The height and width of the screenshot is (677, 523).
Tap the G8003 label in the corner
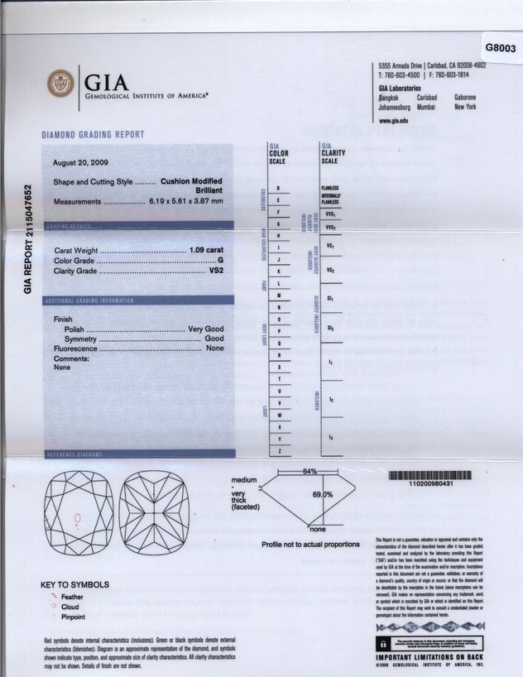click(x=500, y=48)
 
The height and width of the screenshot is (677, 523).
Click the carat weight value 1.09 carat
click(x=206, y=249)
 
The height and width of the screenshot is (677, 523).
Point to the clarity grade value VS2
click(x=216, y=271)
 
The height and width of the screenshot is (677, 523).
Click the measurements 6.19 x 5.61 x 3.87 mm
click(x=186, y=201)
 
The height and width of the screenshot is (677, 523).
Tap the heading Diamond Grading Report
click(x=93, y=135)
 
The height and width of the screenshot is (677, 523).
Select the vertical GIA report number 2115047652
click(x=28, y=239)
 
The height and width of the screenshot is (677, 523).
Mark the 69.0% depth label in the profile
click(x=322, y=494)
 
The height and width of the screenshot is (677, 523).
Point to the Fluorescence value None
click(x=215, y=349)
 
